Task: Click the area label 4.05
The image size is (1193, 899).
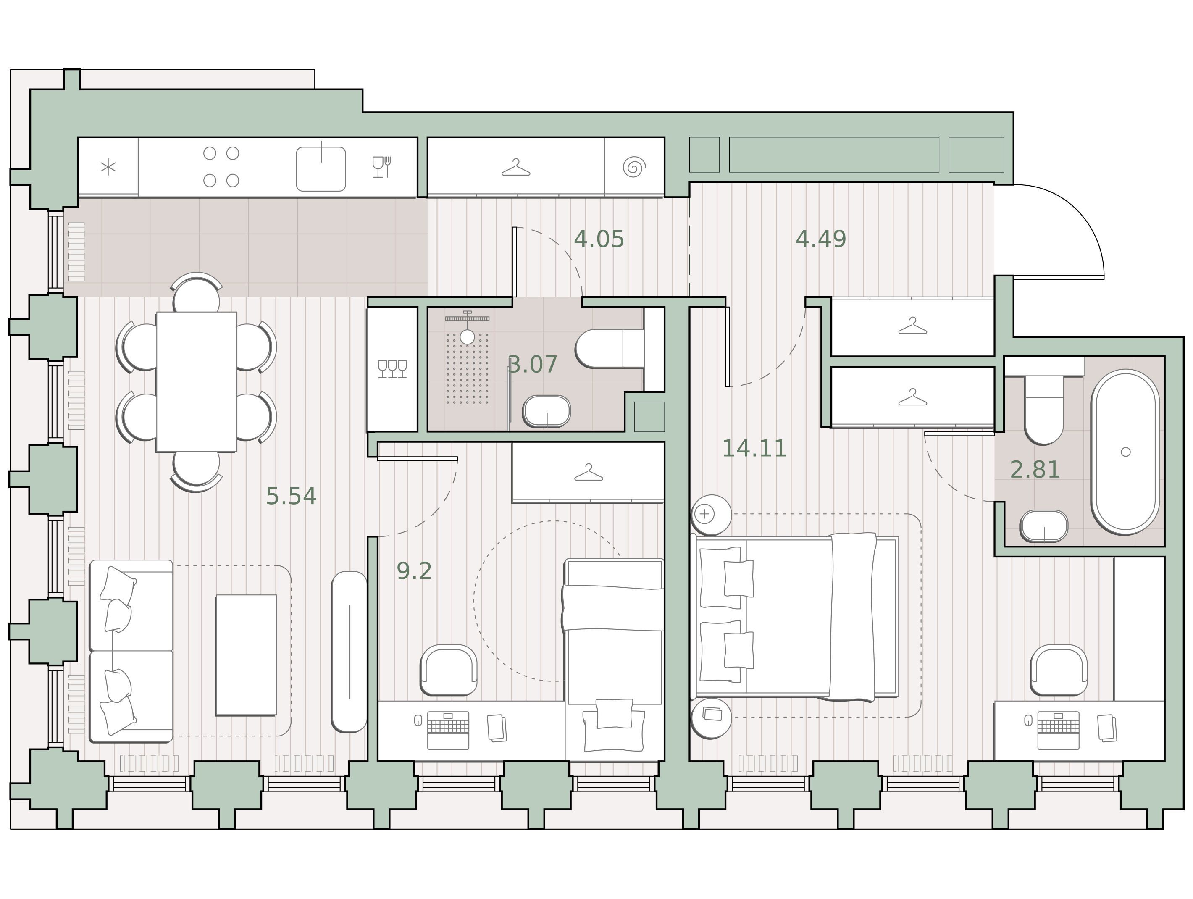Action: [x=599, y=239]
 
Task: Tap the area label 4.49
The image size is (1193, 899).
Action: [x=821, y=239]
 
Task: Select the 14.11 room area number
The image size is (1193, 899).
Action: [x=754, y=448]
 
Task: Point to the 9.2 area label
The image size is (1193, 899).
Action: [x=414, y=571]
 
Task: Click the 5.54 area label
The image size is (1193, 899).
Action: [x=291, y=496]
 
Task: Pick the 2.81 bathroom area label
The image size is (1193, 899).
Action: [x=1035, y=469]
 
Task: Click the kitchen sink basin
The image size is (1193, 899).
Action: [x=321, y=169]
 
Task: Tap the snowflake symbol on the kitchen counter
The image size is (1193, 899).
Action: [x=108, y=167]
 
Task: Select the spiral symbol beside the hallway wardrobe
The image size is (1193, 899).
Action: [x=634, y=167]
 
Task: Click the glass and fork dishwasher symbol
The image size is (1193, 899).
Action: [x=382, y=167]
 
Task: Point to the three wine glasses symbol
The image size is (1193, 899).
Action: [x=393, y=369]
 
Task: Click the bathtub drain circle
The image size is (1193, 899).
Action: [x=1126, y=452]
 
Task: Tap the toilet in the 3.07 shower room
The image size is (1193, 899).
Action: [x=610, y=348]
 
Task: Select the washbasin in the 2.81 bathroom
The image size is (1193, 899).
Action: [x=1043, y=526]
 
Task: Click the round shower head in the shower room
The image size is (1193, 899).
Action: [x=467, y=337]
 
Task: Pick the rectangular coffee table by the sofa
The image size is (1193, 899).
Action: [x=246, y=655]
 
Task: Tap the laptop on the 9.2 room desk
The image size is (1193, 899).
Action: [x=448, y=730]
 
